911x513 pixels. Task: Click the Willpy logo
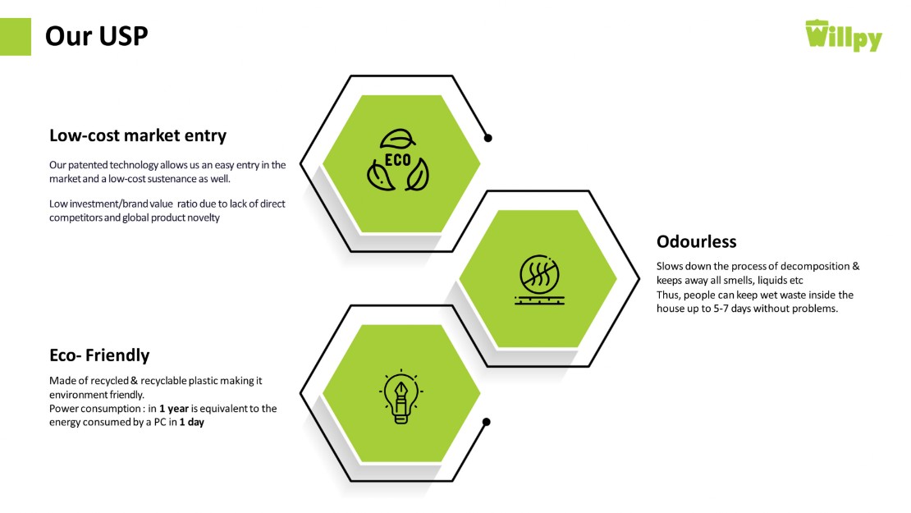pyautogui.click(x=843, y=35)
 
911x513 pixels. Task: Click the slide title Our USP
pyautogui.click(x=97, y=36)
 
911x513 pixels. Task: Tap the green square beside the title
pyautogui.click(x=15, y=37)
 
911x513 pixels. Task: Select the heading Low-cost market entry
pyautogui.click(x=138, y=135)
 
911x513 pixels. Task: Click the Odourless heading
pyautogui.click(x=697, y=241)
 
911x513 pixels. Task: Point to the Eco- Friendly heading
pyautogui.click(x=99, y=355)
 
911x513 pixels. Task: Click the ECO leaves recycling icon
pyautogui.click(x=398, y=160)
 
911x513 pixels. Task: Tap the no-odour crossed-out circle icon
pyautogui.click(x=540, y=280)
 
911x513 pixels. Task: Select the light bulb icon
pyautogui.click(x=401, y=396)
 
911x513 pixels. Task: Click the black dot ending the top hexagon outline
pyautogui.click(x=488, y=138)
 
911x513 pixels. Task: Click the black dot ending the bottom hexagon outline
pyautogui.click(x=487, y=422)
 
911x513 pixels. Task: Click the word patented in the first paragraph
pyautogui.click(x=88, y=165)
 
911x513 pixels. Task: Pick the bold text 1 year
pyautogui.click(x=174, y=409)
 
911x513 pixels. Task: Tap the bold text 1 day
pyautogui.click(x=192, y=423)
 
